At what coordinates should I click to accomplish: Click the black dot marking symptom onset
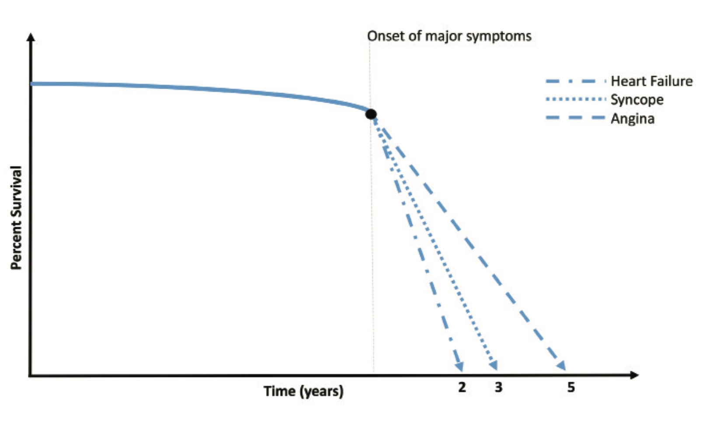click(371, 114)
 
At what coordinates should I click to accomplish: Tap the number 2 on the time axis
click(462, 387)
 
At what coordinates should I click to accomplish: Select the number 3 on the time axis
click(498, 387)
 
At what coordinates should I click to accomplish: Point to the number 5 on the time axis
click(571, 387)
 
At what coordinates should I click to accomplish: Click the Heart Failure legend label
click(651, 81)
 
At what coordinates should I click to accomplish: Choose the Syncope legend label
click(637, 100)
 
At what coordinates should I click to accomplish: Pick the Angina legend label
click(632, 119)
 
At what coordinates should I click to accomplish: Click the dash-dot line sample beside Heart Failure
click(575, 81)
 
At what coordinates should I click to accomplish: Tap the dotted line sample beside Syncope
click(575, 100)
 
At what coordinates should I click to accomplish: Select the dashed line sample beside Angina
click(575, 118)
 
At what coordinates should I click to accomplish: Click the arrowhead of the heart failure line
click(459, 367)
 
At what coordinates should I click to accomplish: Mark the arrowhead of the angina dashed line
click(561, 366)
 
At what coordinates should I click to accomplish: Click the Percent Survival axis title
click(16, 218)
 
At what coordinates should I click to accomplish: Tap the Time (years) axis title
click(303, 391)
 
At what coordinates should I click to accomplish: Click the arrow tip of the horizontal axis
click(636, 375)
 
